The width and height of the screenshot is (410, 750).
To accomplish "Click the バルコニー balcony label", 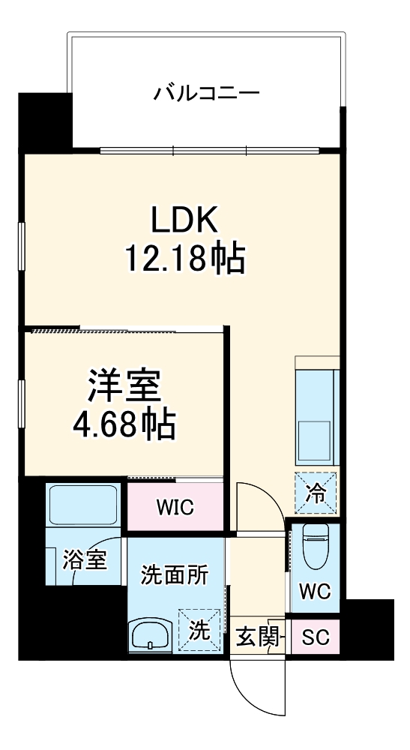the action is coord(206,92).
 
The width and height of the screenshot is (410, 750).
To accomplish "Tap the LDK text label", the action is coord(184,220).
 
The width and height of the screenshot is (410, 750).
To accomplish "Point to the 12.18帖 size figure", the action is coord(185,258).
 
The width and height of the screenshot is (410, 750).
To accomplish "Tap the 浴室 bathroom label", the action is coord(84,559).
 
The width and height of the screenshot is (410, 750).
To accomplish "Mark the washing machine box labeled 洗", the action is coord(199,631).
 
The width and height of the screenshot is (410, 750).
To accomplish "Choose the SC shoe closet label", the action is coord(316,637).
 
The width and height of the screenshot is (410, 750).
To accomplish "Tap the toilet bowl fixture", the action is coord(316,546).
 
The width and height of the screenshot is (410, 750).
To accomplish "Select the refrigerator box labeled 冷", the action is coord(316,493).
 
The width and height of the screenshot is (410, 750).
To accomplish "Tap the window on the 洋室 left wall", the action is coord(21,403).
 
